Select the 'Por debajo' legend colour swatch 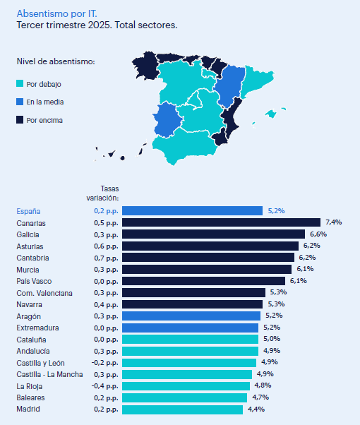[20, 83]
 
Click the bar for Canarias [221, 222]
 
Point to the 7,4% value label [333, 222]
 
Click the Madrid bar [183, 409]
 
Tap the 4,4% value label [256, 409]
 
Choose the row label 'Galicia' [28, 234]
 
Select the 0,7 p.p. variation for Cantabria [105, 258]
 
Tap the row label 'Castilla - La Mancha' [49, 374]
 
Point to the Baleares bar [184, 397]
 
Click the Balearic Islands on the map [271, 113]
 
